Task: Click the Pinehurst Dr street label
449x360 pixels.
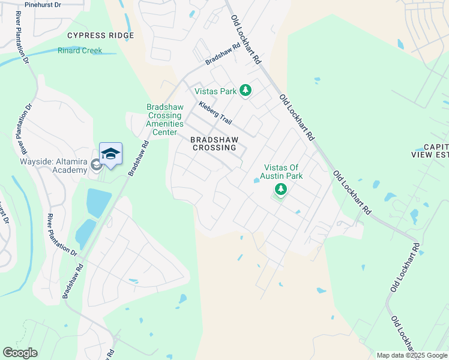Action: point(41,5)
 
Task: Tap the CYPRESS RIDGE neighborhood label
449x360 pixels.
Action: point(101,36)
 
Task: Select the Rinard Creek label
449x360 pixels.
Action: point(80,51)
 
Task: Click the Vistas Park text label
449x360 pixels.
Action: point(215,91)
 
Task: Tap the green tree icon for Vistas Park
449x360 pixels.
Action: point(245,91)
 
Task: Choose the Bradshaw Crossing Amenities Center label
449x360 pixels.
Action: point(164,120)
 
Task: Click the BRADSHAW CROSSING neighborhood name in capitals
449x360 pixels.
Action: point(214,143)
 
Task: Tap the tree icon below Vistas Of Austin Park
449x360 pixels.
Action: point(280,190)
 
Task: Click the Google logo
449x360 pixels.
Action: point(20,352)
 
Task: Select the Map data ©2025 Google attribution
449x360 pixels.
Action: point(412,355)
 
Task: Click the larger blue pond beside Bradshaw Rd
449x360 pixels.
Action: point(98,203)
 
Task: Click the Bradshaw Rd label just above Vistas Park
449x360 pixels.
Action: point(222,53)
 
